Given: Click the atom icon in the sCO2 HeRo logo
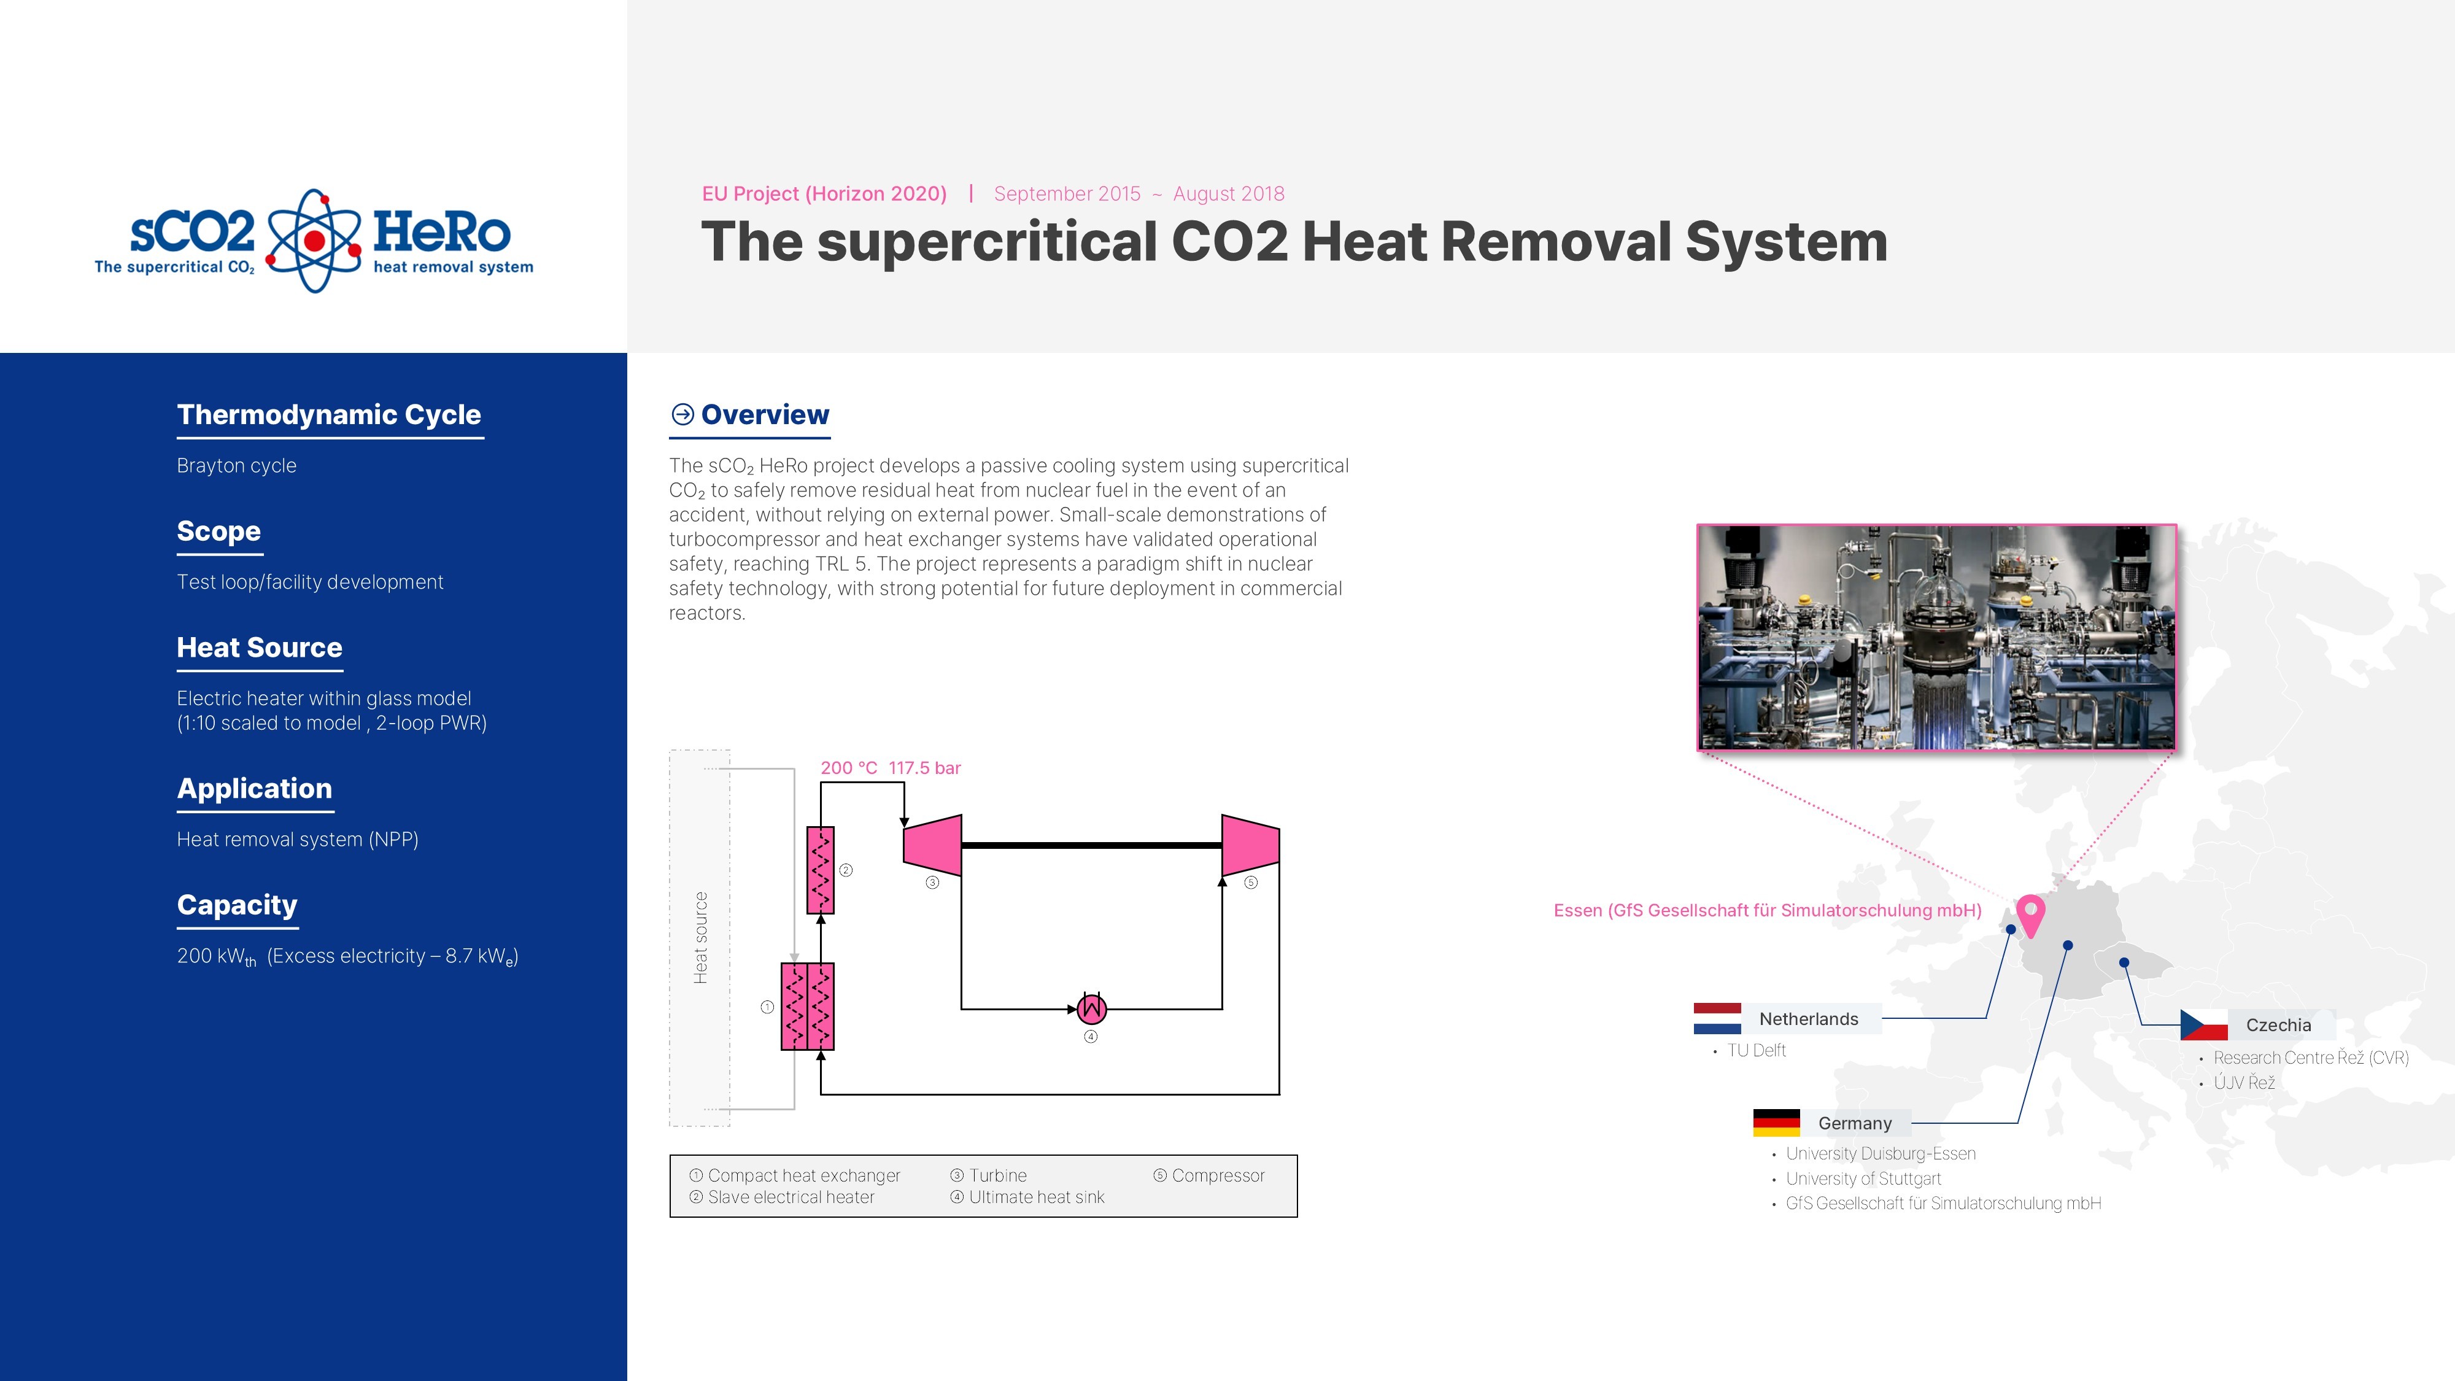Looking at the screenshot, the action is (x=314, y=240).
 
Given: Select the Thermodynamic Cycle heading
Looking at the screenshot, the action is (x=329, y=414).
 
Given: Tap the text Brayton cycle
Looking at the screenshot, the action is (x=236, y=466).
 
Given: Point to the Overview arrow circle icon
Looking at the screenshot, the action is (x=682, y=414).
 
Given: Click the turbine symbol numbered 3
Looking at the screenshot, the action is (x=932, y=845).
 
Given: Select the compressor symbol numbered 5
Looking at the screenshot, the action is (x=1250, y=845).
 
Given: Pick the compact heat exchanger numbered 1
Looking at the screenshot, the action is (x=807, y=1007).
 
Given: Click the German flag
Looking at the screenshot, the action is (x=1776, y=1123).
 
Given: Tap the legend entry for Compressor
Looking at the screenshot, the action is (x=1217, y=1176).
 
